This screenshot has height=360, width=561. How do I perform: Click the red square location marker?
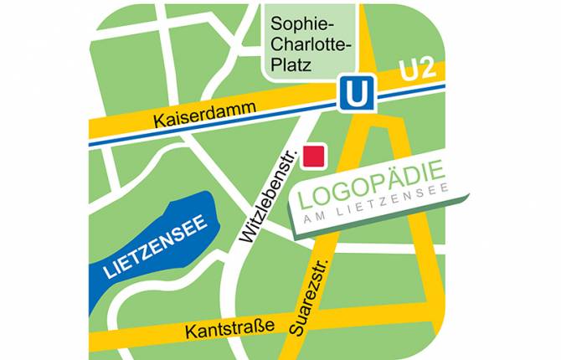coord(314,155)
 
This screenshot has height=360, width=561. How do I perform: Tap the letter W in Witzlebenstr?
coord(248,236)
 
